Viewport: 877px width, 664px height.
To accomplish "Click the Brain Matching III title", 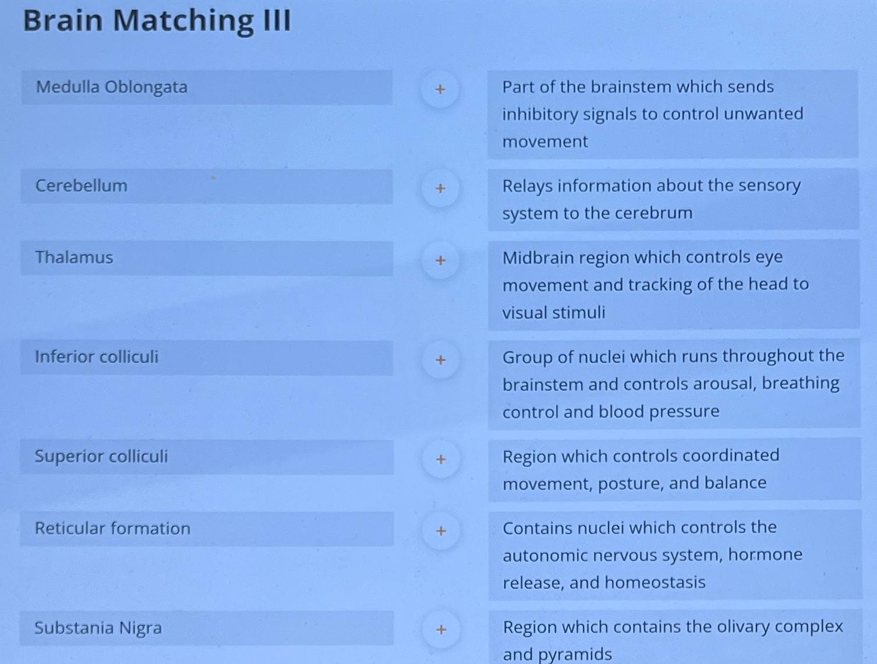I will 157,20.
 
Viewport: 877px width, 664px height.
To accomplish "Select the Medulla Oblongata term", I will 112,87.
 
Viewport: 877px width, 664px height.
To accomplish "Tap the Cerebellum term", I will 82,186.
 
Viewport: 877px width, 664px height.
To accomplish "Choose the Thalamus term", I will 74,257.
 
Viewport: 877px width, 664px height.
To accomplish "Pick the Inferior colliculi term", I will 97,356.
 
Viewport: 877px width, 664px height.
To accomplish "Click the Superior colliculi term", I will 101,456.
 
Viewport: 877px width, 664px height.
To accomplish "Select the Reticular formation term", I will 112,528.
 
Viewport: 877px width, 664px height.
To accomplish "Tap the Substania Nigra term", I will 98,628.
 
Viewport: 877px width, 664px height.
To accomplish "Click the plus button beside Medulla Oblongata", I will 440,89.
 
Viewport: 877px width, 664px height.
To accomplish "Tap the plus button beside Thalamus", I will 440,260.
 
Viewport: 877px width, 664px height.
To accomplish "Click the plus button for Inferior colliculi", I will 441,360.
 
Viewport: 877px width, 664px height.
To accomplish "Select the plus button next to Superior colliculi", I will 441,460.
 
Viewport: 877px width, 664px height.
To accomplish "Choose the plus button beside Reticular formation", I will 441,531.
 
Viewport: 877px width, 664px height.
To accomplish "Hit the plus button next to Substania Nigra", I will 441,630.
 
